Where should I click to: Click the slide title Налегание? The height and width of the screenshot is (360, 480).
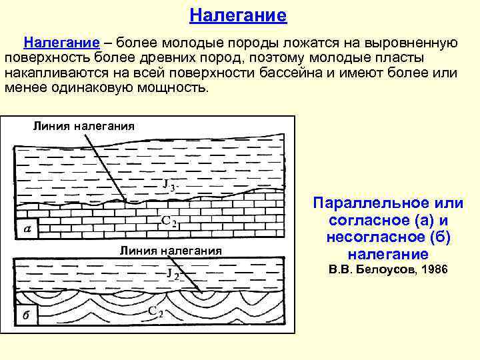pos(237,15)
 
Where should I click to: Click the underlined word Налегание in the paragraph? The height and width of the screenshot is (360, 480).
pos(62,43)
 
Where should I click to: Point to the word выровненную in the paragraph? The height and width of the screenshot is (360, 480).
pos(410,43)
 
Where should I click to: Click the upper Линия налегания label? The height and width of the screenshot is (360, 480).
pos(83,125)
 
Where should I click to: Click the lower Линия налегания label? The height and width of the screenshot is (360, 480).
pos(170,251)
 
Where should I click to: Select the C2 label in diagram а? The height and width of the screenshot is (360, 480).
pos(169,221)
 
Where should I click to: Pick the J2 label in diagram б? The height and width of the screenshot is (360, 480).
pos(173,274)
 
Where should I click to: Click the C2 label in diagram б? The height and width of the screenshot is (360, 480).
pos(156,311)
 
